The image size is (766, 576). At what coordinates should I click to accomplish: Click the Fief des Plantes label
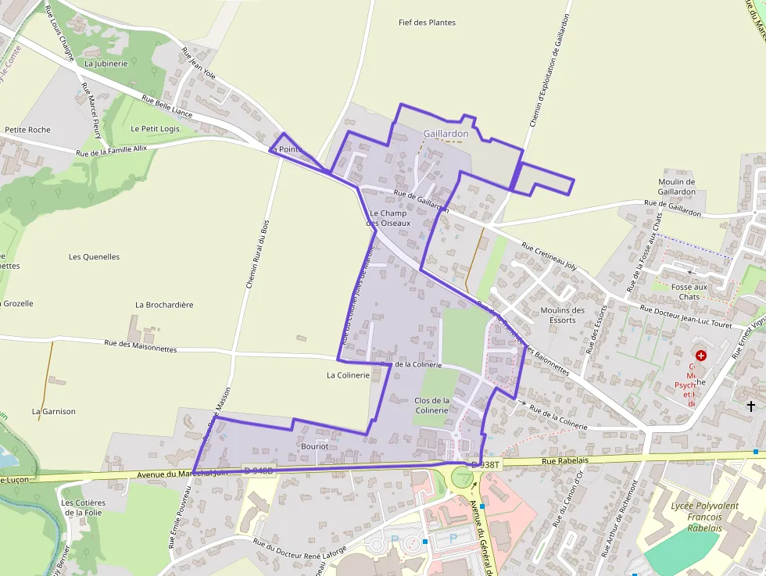click(427, 23)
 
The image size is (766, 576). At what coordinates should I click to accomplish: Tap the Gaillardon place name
click(446, 134)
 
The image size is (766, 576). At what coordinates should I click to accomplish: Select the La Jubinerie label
click(106, 63)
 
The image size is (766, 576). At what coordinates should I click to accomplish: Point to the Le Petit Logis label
click(156, 129)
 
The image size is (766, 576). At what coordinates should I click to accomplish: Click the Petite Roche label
click(27, 130)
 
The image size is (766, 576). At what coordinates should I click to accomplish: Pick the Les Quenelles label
click(94, 256)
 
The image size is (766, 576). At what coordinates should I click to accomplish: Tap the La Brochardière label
click(164, 305)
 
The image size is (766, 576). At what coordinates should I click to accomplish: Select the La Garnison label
click(54, 411)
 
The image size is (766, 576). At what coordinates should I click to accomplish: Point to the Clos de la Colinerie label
click(432, 406)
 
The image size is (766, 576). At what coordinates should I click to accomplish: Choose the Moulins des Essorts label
click(563, 315)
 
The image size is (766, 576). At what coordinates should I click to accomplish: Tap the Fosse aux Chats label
click(689, 292)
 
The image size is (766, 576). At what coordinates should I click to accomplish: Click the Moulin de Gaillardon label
click(677, 187)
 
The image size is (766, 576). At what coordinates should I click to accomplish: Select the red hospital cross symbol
click(700, 355)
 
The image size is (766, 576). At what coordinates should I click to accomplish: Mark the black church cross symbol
click(751, 406)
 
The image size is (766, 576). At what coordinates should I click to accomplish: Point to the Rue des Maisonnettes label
click(141, 345)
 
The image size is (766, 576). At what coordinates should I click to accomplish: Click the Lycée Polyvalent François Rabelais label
click(704, 517)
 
